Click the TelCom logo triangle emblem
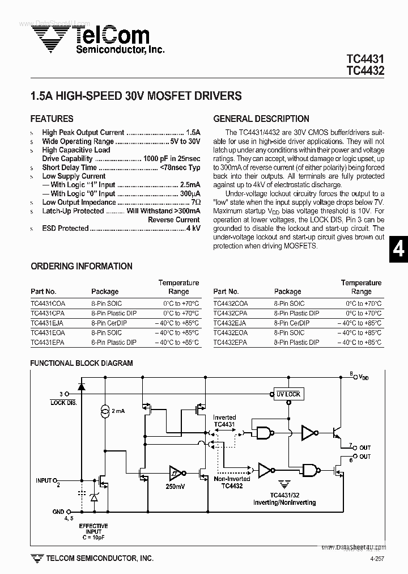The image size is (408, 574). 50,40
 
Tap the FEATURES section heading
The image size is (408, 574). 52,119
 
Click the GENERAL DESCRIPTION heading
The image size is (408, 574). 261,119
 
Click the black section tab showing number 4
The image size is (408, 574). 398,249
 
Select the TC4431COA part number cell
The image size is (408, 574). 48,303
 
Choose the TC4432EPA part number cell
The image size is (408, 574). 230,343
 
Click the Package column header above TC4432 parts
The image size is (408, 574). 287,292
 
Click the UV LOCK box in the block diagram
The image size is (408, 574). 288,394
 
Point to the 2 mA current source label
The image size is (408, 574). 118,410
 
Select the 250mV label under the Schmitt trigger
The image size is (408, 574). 176,486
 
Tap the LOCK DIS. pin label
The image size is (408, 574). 63,402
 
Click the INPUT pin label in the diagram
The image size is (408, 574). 45,480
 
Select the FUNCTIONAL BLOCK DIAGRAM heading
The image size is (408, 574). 82,364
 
